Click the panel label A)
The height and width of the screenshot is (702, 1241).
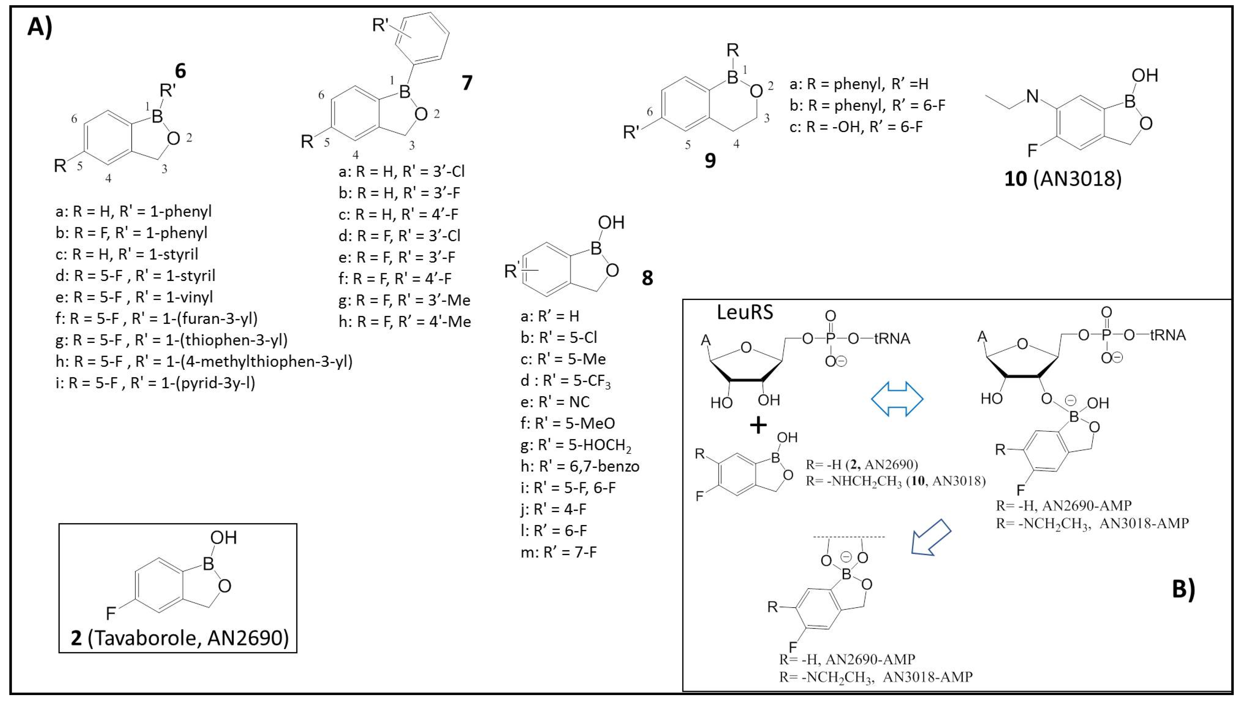click(x=39, y=27)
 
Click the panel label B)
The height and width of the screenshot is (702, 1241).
click(x=1183, y=590)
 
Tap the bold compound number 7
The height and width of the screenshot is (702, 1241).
click(x=466, y=83)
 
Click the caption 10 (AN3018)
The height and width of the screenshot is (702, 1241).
click(x=1063, y=179)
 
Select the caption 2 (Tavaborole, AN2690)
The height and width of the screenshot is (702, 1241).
click(x=179, y=638)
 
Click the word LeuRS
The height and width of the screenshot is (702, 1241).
click(x=745, y=312)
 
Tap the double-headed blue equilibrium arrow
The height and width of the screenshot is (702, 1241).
click(x=897, y=399)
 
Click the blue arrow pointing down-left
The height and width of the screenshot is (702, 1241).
click(x=930, y=537)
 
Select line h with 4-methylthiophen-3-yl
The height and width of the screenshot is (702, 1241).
click(x=204, y=361)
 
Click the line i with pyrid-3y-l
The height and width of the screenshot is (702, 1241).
click(x=155, y=383)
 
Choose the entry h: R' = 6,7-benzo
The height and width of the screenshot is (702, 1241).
click(x=580, y=466)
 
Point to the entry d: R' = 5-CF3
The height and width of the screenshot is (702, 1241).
click(x=565, y=381)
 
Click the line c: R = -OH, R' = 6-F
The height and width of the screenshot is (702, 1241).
click(x=855, y=127)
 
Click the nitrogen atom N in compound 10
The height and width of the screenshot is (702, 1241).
click(x=1032, y=96)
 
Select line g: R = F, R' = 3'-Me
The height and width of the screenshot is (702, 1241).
click(x=404, y=300)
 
